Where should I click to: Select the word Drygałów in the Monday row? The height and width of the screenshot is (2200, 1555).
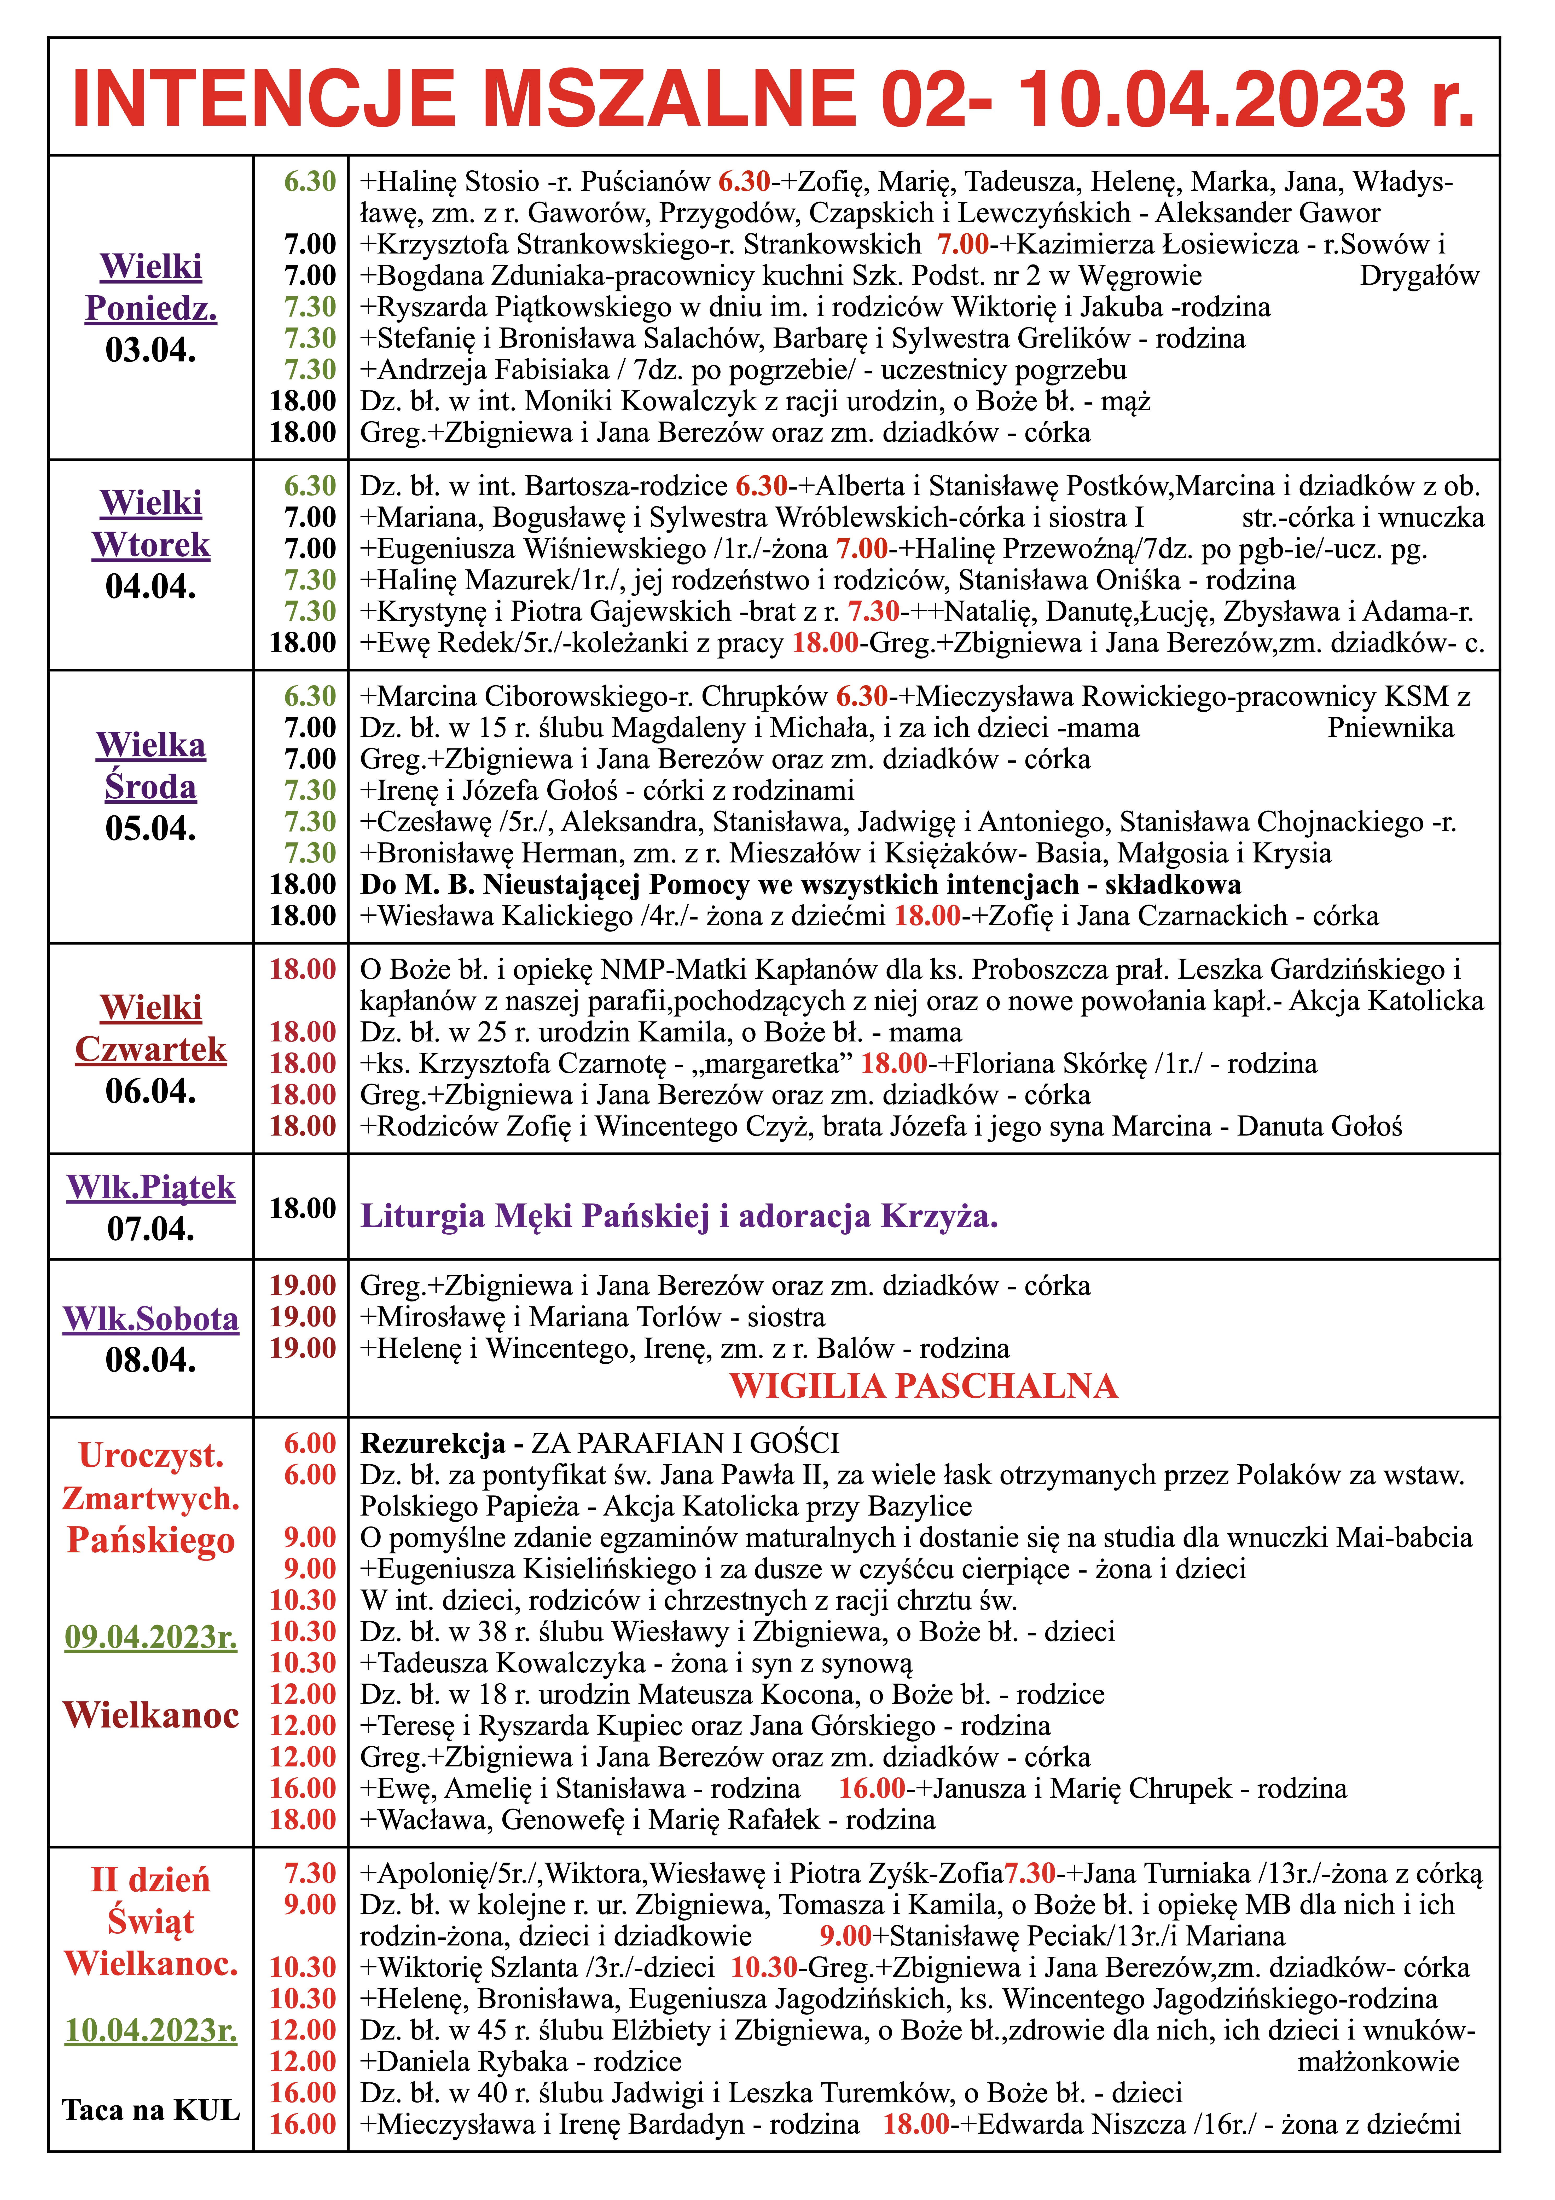[x=1419, y=276]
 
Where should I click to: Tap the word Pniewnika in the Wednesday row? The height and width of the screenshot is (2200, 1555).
[x=1390, y=728]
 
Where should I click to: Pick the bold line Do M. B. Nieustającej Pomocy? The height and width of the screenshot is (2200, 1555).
[x=800, y=884]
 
